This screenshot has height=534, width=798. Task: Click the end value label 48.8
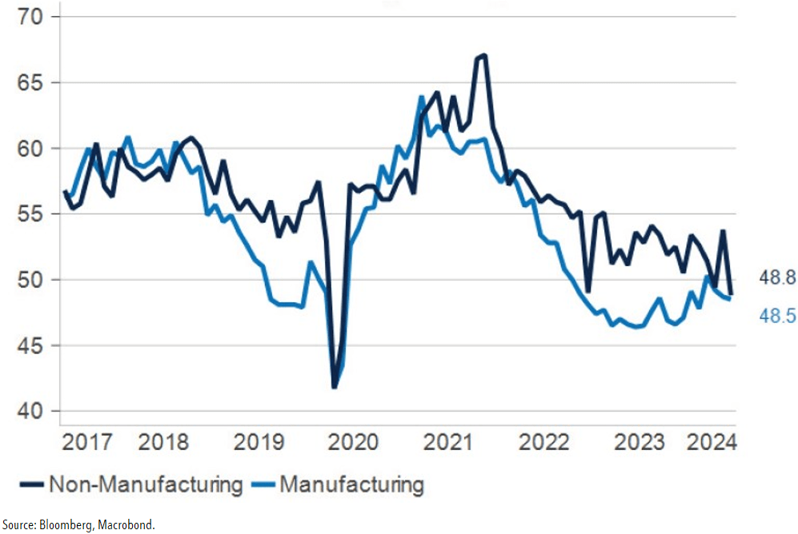[776, 279]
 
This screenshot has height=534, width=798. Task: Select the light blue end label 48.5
[776, 317]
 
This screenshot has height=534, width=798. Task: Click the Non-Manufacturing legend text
[144, 484]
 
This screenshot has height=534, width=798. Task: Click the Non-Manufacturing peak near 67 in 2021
[483, 55]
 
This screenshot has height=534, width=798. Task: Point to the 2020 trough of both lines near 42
[335, 387]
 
